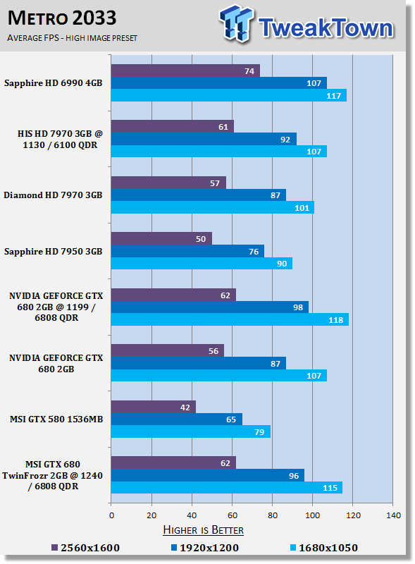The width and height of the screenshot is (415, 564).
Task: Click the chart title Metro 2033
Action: (x=62, y=18)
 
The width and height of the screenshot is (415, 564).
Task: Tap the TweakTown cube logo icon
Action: (x=236, y=23)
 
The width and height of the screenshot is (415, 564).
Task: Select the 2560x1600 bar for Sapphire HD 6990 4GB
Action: (x=185, y=70)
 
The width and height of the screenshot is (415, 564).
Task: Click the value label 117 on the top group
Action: (x=333, y=96)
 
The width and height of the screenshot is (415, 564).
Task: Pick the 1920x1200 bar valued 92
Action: (x=204, y=139)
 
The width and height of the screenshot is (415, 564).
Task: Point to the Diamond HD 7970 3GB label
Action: (x=54, y=195)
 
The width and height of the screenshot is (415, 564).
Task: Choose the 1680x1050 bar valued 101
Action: (x=213, y=207)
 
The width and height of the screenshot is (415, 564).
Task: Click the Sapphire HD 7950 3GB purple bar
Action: (x=161, y=238)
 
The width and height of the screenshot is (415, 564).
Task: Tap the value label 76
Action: (x=254, y=252)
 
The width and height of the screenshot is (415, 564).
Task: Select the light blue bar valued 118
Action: (x=230, y=319)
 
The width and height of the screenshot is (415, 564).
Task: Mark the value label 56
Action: (x=213, y=351)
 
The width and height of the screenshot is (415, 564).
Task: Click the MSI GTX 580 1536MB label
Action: (x=56, y=419)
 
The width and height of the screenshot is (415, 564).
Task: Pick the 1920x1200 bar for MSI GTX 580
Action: (x=177, y=419)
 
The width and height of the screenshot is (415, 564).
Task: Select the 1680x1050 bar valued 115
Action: (x=227, y=487)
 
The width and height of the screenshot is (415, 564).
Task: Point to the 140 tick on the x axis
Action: (x=393, y=515)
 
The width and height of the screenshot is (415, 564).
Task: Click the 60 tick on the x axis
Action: (x=233, y=515)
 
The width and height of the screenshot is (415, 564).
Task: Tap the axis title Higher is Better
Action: (x=203, y=530)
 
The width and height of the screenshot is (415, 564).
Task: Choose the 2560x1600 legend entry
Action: (x=85, y=548)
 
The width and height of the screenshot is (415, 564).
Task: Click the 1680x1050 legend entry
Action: (x=324, y=548)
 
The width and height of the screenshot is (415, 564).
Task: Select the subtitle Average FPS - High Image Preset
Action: (x=73, y=38)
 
